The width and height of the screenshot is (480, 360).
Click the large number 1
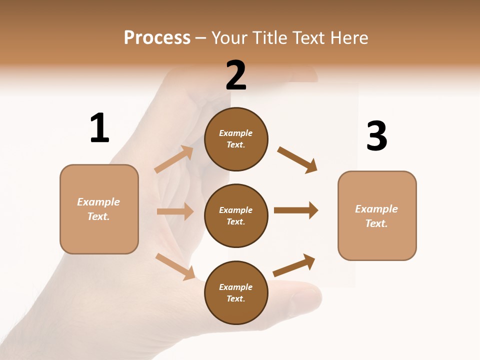[x=99, y=128]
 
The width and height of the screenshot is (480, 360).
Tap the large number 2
[x=236, y=75]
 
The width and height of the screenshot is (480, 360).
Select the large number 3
[x=376, y=136]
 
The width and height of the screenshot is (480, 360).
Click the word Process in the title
[x=157, y=37]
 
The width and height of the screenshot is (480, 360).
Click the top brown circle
[x=236, y=139]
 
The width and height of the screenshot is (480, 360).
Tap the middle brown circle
[x=236, y=215]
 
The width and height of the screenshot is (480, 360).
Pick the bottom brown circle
[x=236, y=292]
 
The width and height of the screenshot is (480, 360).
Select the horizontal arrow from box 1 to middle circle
[x=175, y=211]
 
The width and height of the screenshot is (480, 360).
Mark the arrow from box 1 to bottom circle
[x=175, y=266]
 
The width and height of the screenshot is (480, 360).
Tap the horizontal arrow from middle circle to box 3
[x=296, y=210]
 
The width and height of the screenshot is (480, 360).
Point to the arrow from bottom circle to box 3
[x=294, y=265]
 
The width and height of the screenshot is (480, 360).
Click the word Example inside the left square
[x=98, y=202]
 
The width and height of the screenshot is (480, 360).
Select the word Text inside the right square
[x=376, y=223]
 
